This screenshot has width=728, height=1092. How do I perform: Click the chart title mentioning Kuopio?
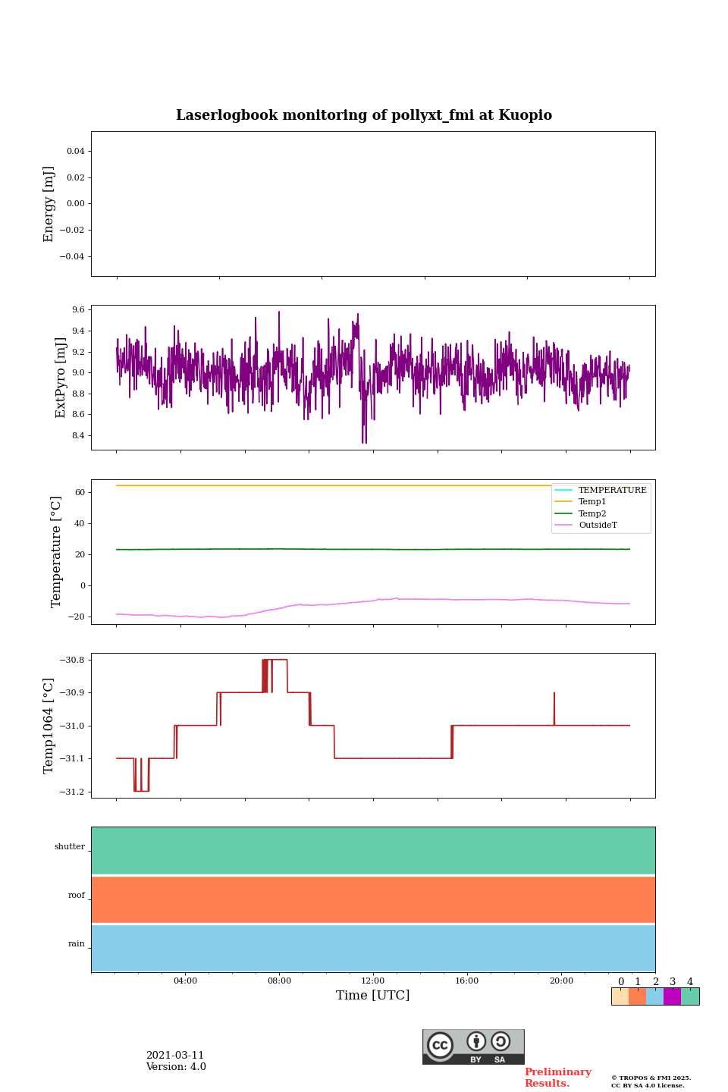[364, 115]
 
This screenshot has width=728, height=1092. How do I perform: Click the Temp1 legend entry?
[592, 502]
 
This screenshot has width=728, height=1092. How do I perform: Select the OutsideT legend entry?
[598, 526]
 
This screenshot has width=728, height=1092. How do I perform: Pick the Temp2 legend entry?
[592, 513]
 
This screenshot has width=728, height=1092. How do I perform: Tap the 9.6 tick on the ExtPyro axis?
[78, 310]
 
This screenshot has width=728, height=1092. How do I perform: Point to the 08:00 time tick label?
[279, 981]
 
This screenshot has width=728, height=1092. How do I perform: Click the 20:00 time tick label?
[561, 981]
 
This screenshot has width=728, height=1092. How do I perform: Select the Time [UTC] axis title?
[372, 995]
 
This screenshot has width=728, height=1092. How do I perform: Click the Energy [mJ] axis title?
[49, 204]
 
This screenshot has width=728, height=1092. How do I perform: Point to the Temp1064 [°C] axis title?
[49, 726]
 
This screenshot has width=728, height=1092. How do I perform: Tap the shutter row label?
[70, 847]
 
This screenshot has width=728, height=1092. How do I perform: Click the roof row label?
[77, 896]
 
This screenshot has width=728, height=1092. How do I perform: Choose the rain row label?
[77, 944]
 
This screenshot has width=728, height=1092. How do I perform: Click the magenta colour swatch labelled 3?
[672, 996]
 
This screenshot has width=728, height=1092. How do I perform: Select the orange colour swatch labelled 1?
[637, 996]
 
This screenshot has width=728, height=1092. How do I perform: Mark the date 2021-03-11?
[175, 1056]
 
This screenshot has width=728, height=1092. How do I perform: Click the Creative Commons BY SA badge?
[473, 1046]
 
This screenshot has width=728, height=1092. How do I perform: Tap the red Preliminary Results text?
[557, 1078]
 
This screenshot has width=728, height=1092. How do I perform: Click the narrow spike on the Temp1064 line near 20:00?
[554, 701]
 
